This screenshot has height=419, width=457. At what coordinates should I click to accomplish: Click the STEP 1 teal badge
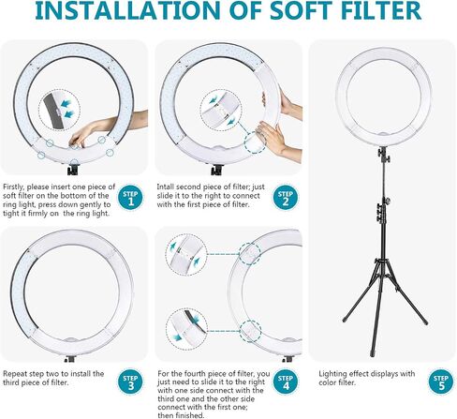point(131,198)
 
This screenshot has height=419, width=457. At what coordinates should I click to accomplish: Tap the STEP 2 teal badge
point(286,198)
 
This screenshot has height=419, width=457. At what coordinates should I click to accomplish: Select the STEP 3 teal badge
point(130,382)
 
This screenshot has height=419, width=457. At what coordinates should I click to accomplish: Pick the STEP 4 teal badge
point(286,382)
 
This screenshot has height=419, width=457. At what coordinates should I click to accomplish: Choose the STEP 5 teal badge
point(441,382)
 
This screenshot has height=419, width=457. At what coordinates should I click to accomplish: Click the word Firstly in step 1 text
point(14,187)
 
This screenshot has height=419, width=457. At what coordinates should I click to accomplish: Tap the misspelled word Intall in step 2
point(166,187)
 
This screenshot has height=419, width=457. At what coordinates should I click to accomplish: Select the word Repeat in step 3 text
point(14,374)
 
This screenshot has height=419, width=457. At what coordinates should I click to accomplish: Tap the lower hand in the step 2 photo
point(278,142)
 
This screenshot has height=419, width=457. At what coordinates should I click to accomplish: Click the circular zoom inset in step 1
point(59,110)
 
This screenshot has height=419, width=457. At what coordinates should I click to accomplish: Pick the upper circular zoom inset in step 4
point(186,255)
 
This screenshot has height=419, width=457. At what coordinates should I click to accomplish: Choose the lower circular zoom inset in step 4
point(186,329)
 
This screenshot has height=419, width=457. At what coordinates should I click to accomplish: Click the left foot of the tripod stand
point(346,320)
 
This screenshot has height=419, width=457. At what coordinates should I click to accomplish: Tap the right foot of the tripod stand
point(425,322)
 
